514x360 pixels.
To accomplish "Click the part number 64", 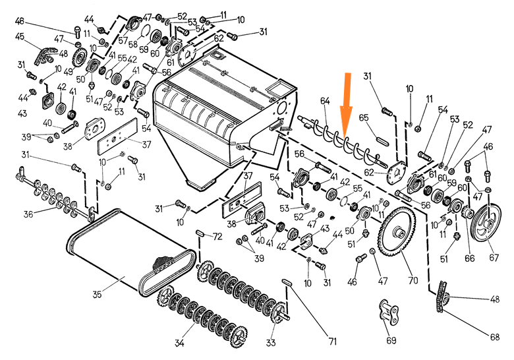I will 324,100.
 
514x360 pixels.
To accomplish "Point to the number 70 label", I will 413,280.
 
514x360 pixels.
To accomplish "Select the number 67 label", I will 493,256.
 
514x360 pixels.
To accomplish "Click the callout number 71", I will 333,342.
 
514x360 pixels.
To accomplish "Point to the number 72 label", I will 217,235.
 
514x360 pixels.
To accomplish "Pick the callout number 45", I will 20,36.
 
